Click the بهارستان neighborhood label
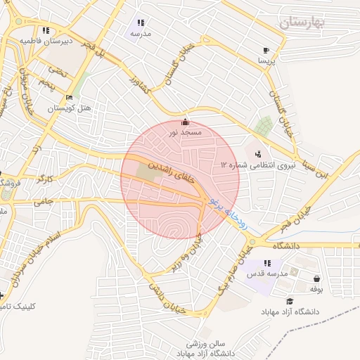pyautogui.click(x=303, y=22)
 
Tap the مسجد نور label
pyautogui.click(x=186, y=131)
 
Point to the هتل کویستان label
pyautogui.click(x=65, y=108)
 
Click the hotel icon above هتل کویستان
pyautogui.click(x=67, y=98)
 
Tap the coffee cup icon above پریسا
pyautogui.click(x=266, y=50)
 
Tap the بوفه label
pyautogui.click(x=316, y=288)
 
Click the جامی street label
pyautogui.click(x=64, y=202)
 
